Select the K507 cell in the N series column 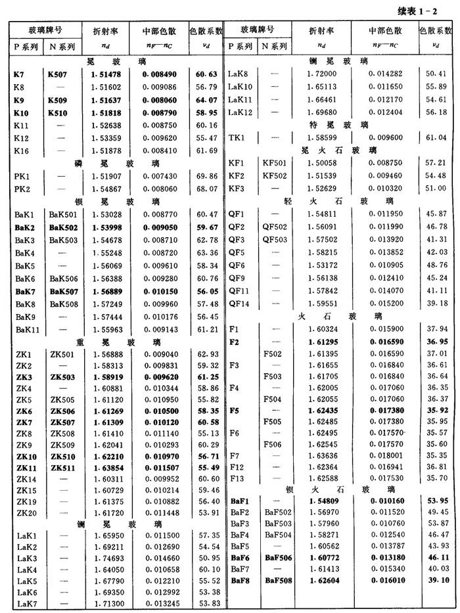point(60,74)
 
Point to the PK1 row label point(24,176)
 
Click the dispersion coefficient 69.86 point(205,176)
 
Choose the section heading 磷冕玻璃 point(117,163)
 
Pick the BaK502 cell point(62,227)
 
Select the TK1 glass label point(236,137)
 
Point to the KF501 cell point(274,163)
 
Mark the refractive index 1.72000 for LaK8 point(323,74)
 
